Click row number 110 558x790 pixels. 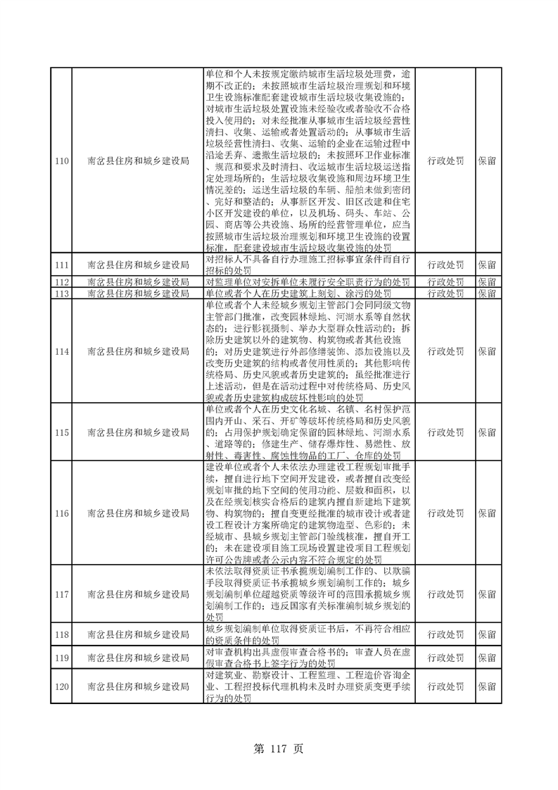point(61,161)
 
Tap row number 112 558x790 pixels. point(61,282)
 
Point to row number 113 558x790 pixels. point(61,293)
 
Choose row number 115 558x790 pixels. point(61,432)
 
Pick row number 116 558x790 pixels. point(61,513)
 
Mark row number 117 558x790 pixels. point(61,594)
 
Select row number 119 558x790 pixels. point(61,658)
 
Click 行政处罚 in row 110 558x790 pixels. point(445,161)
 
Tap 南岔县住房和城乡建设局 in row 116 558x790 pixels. point(139,513)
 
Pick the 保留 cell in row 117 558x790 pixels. point(487,594)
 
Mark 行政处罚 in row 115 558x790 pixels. point(445,432)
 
